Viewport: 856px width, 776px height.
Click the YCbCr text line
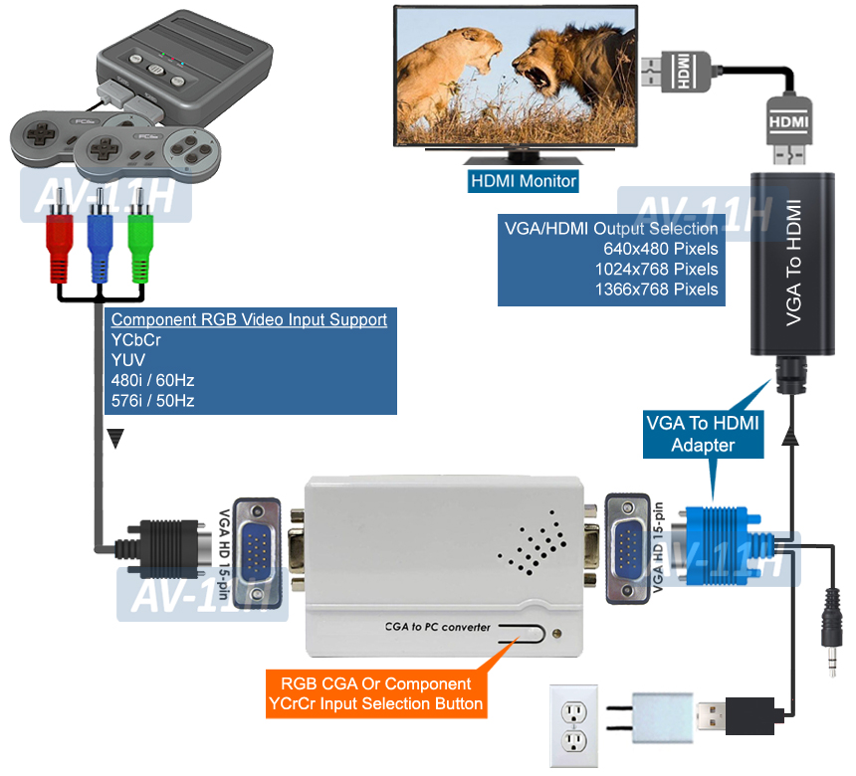(136, 340)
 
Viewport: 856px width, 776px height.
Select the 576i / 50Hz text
(152, 401)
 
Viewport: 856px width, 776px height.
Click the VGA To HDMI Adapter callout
(703, 434)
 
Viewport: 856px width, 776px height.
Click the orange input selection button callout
(375, 694)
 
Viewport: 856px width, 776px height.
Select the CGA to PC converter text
(437, 628)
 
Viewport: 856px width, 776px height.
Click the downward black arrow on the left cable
(116, 439)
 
